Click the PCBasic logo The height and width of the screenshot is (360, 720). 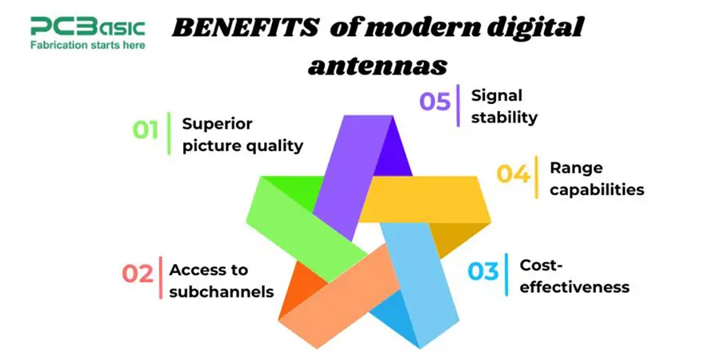click(87, 27)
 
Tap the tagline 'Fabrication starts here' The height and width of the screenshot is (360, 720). click(87, 45)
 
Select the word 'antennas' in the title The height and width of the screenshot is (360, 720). click(378, 64)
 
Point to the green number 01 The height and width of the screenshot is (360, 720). click(145, 130)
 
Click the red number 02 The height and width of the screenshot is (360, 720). click(137, 274)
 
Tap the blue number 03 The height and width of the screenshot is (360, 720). click(482, 271)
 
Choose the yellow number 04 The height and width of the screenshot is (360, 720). click(513, 174)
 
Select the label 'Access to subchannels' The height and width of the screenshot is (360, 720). click(222, 281)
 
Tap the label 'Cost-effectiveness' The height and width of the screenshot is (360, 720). click(574, 275)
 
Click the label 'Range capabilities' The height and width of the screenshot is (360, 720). click(596, 178)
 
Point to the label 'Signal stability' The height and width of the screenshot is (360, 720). click(505, 106)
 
